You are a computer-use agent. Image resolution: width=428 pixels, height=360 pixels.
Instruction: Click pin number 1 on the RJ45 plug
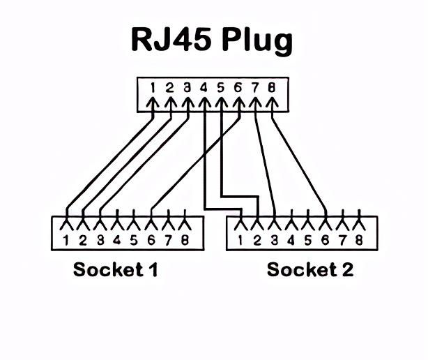point(152,88)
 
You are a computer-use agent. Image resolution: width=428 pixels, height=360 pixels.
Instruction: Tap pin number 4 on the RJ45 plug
point(204,88)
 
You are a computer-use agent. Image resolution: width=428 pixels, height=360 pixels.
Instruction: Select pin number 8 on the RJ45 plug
point(272,88)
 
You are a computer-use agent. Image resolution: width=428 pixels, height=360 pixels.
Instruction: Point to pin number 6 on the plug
point(238,88)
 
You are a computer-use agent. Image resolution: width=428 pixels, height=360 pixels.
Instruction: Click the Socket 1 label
point(115,269)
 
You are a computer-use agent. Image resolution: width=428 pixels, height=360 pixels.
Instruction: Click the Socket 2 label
point(309,269)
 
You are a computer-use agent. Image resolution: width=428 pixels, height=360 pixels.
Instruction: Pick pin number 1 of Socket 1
point(66,241)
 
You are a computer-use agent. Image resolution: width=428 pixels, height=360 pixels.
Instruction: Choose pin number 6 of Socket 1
point(151,241)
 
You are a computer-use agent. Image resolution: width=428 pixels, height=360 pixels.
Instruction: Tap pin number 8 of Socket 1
point(185,241)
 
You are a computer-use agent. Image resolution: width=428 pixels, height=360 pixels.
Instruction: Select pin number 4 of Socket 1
point(116,241)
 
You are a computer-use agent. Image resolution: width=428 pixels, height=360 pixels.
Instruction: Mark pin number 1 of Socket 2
point(240,241)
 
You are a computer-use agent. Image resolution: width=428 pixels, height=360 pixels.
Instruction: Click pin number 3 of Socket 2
point(275,241)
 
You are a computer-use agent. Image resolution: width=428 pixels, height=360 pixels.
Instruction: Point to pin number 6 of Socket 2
point(326,241)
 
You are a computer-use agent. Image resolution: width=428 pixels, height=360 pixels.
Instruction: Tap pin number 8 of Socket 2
point(360,241)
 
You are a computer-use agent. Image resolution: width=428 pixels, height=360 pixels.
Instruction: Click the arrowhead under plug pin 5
point(220,103)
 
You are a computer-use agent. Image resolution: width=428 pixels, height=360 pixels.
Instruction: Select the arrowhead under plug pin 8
point(272,103)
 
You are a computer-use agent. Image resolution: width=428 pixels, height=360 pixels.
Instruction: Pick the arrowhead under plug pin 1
point(152,103)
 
